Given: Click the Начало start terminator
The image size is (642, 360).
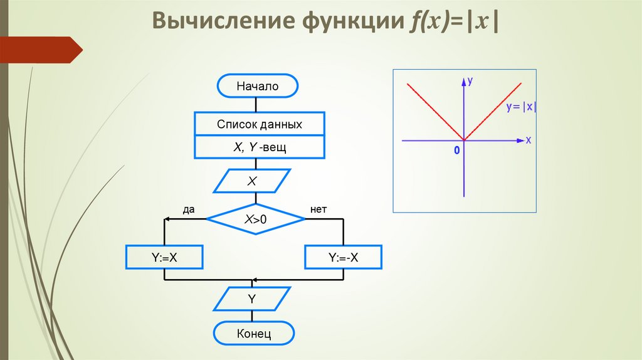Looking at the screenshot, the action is pos(257,87).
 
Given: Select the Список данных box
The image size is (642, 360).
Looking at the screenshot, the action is pos(260,124).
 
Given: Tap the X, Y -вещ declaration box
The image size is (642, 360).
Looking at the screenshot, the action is pos(260,147).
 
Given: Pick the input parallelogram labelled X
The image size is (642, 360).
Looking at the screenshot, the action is pos(253,181).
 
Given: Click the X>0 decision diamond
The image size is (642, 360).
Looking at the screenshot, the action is pos(256,219).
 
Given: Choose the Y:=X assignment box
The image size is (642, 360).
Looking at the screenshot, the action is pos(165,257).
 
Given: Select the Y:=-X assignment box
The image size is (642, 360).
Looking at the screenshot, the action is pos(343,257).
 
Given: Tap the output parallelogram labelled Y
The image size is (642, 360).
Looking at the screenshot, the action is pos(252,299).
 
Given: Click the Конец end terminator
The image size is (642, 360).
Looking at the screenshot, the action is pos(254,333).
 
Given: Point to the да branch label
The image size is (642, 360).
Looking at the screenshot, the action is pos(189,209).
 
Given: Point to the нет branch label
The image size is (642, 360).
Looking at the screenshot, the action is pos(318,209).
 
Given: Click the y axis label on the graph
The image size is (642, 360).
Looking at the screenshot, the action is pos(470,81).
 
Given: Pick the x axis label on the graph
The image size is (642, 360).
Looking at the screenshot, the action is pos(529,140).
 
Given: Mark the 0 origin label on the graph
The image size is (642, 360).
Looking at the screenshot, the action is pos(457,151).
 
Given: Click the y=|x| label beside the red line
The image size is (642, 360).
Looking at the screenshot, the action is pos(522,107).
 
